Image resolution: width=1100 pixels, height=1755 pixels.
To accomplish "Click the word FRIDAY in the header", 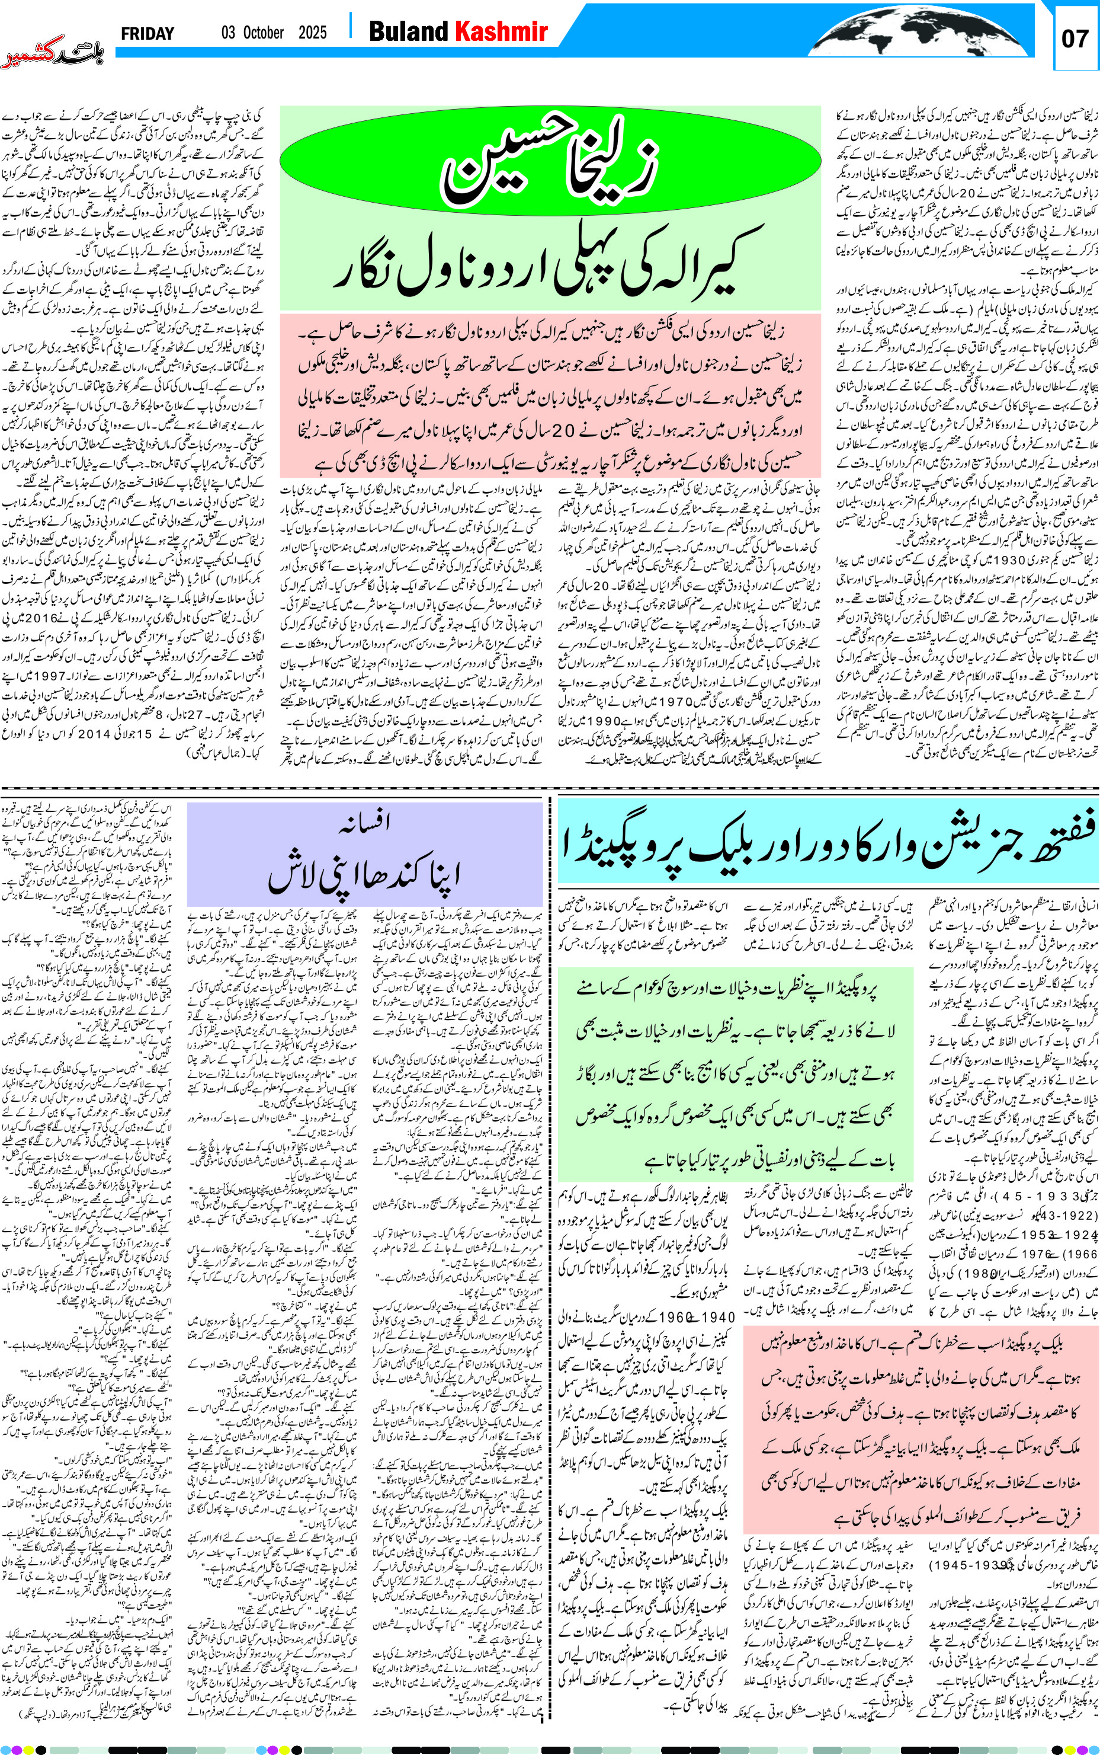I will (147, 33).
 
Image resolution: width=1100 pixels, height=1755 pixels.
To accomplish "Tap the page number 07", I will (1075, 39).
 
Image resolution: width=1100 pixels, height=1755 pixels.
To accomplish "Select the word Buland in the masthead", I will (408, 31).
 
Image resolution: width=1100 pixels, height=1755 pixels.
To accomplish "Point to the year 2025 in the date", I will (312, 33).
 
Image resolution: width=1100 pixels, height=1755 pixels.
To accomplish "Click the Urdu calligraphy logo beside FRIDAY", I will (52, 52).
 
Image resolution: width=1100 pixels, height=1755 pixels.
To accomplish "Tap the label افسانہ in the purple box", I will (365, 822).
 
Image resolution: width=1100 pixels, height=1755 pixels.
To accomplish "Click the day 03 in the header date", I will (229, 33).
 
